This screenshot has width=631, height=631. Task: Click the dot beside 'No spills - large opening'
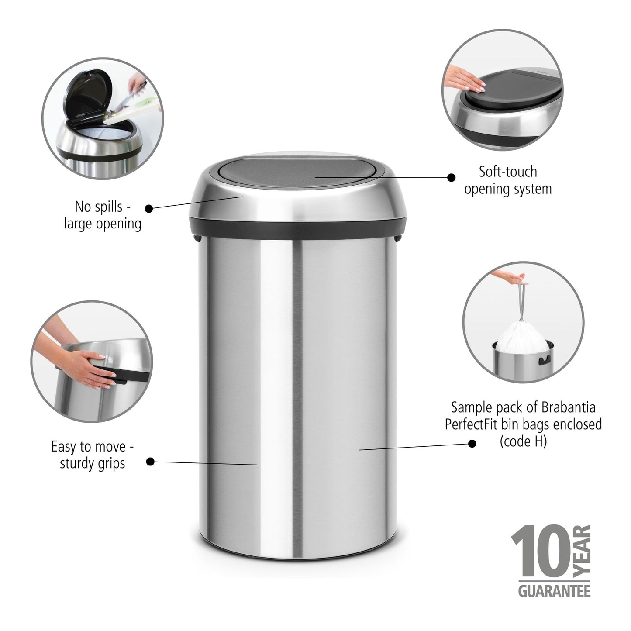point(149,208)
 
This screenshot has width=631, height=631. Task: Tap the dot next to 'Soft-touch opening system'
point(452,177)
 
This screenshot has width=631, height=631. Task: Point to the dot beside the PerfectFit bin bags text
point(472,444)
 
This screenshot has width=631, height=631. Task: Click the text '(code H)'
point(523,441)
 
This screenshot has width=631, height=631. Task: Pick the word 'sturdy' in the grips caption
point(77,463)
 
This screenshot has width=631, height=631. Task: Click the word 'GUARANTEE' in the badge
point(554,592)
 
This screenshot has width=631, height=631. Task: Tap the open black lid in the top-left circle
point(88,96)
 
